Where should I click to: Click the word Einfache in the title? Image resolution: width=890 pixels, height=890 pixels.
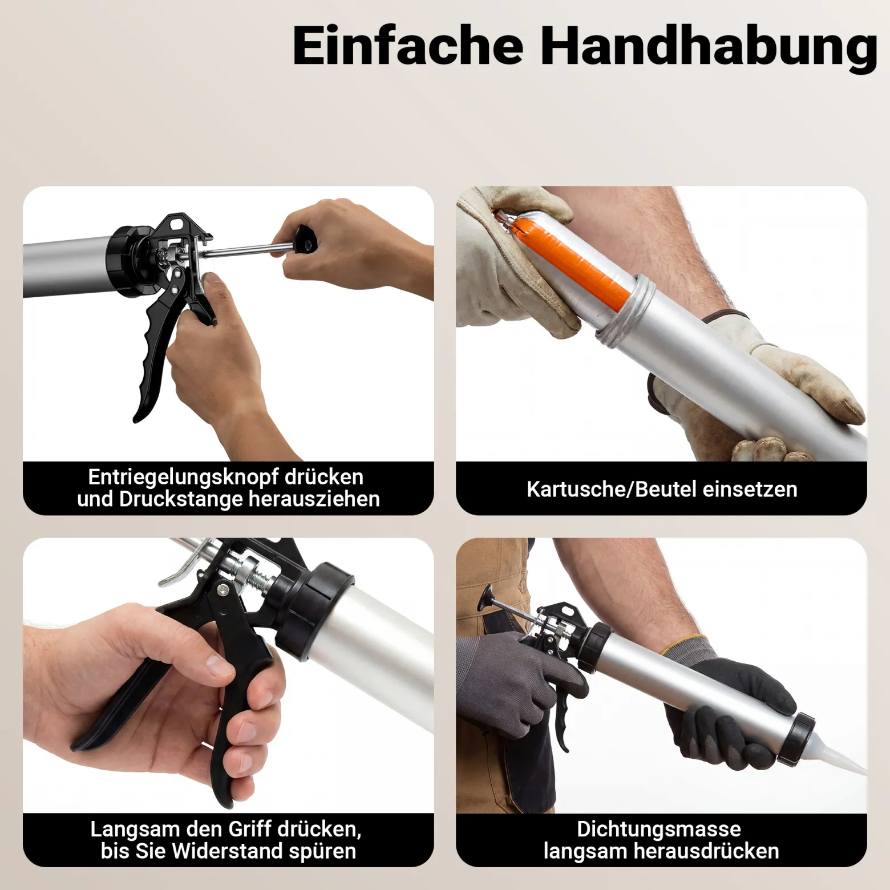point(407,45)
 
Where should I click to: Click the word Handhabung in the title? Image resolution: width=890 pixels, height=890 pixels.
point(709,48)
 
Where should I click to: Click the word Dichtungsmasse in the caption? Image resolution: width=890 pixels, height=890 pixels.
point(659,828)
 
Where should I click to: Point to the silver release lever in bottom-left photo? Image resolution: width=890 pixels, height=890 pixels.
point(184,563)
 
